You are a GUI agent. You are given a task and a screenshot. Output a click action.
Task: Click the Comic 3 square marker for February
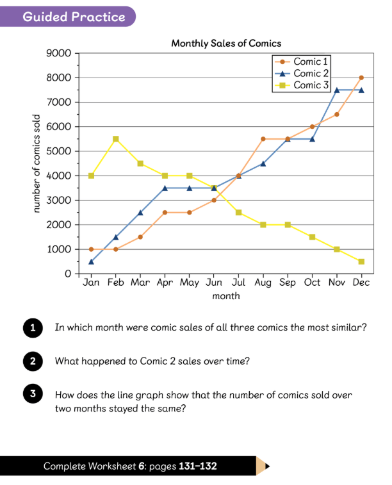[x=116, y=139]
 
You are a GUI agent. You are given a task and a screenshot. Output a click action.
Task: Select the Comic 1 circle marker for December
[x=361, y=78]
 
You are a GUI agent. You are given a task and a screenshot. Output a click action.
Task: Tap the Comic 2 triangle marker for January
[x=91, y=261]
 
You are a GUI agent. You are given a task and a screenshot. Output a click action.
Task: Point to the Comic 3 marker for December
[x=361, y=261]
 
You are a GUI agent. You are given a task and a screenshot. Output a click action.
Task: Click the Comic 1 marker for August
[x=263, y=139]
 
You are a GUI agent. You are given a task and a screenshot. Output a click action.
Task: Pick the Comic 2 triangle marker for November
[x=337, y=90]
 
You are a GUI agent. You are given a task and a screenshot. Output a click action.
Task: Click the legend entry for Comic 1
[x=304, y=62]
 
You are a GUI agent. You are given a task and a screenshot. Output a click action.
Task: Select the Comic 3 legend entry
[x=304, y=85]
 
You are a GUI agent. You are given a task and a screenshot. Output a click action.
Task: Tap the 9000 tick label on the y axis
[x=59, y=53]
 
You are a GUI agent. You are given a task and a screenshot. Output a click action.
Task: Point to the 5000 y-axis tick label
[x=59, y=151]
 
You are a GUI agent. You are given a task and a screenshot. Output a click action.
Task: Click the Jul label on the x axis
[x=238, y=283]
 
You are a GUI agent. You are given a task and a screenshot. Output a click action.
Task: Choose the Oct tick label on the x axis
[x=312, y=283]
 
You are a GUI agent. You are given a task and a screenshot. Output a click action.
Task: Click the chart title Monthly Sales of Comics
[x=226, y=44]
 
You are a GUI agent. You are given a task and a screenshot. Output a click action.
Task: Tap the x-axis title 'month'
[x=226, y=296]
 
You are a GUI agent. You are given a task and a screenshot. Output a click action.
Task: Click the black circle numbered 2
[x=33, y=361]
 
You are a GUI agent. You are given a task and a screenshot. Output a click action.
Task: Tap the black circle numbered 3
[x=33, y=393]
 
